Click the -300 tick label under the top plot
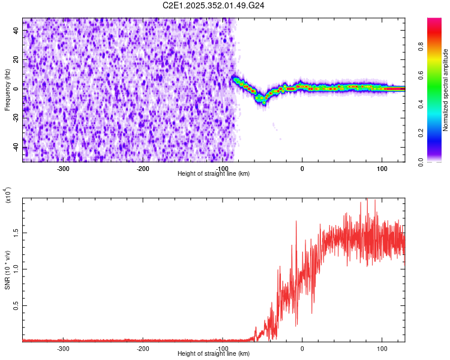[63, 168]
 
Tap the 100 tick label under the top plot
[382, 168]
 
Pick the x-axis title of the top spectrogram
[214, 174]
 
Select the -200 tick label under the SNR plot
[143, 348]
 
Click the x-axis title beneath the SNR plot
[214, 354]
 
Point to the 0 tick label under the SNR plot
[302, 348]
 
